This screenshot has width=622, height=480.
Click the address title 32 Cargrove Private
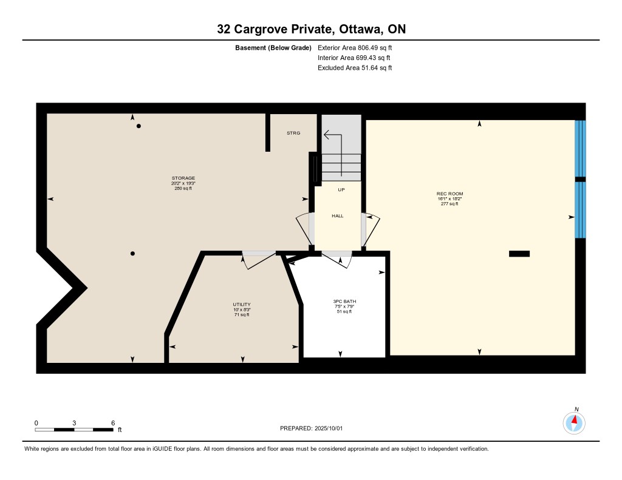(274, 29)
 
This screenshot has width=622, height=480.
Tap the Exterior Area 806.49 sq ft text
(355, 47)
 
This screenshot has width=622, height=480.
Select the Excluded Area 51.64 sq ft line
(355, 68)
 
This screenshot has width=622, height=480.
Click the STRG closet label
(293, 133)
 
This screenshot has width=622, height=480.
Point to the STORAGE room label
(183, 178)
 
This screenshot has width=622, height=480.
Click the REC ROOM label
(450, 194)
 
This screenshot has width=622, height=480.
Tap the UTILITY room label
(242, 305)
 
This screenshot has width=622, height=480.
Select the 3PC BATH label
(344, 302)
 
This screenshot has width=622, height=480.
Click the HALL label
(338, 216)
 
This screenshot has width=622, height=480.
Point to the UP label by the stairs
(341, 190)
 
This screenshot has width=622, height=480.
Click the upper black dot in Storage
(139, 126)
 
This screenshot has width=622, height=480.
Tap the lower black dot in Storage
(132, 254)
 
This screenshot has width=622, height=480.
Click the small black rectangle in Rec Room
(519, 254)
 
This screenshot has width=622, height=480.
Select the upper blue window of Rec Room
(580, 148)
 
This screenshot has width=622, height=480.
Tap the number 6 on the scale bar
(113, 423)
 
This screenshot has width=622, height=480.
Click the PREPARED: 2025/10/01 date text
(312, 428)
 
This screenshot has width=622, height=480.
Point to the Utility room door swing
(259, 261)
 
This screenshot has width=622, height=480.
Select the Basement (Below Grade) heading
(273, 48)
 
